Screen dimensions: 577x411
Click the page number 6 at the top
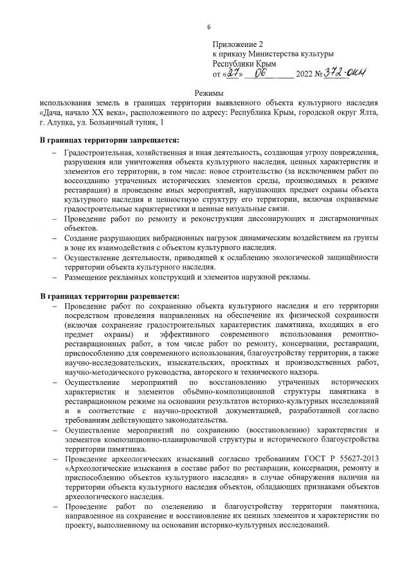[209, 26]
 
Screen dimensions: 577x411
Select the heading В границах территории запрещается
[109, 140]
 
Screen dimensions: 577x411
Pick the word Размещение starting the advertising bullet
[85, 277]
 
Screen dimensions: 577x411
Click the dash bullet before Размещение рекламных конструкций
[54, 277]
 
